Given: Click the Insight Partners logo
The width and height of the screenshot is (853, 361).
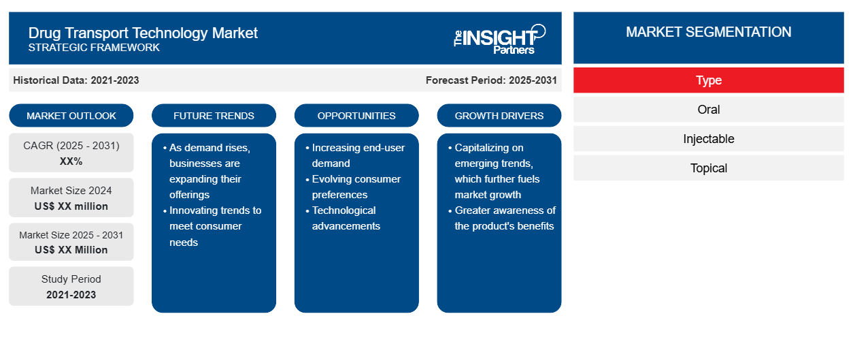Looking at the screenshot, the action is click(499, 40).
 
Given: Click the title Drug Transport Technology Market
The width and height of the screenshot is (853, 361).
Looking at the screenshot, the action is click(143, 33).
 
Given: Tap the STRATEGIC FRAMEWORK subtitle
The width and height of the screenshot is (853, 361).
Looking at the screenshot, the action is click(94, 48).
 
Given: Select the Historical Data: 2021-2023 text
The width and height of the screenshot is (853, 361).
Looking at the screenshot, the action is click(76, 80).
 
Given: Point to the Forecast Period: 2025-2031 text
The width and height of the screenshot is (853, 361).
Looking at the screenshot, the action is click(491, 80).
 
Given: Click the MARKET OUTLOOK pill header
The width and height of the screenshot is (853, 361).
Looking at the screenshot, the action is click(71, 116).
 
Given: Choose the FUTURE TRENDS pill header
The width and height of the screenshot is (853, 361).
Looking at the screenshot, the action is click(214, 116).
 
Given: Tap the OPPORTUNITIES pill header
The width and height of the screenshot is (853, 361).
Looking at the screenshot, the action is click(356, 116).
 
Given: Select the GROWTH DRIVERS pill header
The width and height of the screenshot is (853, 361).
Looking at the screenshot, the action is click(499, 116).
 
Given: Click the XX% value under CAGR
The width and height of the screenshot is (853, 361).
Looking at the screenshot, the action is click(71, 161).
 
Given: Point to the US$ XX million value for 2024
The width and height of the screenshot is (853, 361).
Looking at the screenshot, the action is click(71, 206).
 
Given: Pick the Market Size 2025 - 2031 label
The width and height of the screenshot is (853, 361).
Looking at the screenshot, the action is click(71, 235).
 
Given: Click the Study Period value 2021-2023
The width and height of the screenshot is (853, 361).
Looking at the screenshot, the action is click(71, 295).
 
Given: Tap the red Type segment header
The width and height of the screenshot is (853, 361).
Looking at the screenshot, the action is click(709, 80).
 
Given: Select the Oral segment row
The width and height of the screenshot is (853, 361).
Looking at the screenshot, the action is click(709, 110).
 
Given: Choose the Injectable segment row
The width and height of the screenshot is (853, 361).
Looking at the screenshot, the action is click(709, 139).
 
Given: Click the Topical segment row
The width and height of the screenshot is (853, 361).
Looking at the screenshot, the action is click(709, 168).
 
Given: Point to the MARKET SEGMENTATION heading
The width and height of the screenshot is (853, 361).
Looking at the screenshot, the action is click(709, 32).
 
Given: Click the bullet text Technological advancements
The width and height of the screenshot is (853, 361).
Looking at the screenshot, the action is click(346, 218).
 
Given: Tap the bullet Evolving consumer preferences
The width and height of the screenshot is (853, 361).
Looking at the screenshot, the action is click(356, 187).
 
